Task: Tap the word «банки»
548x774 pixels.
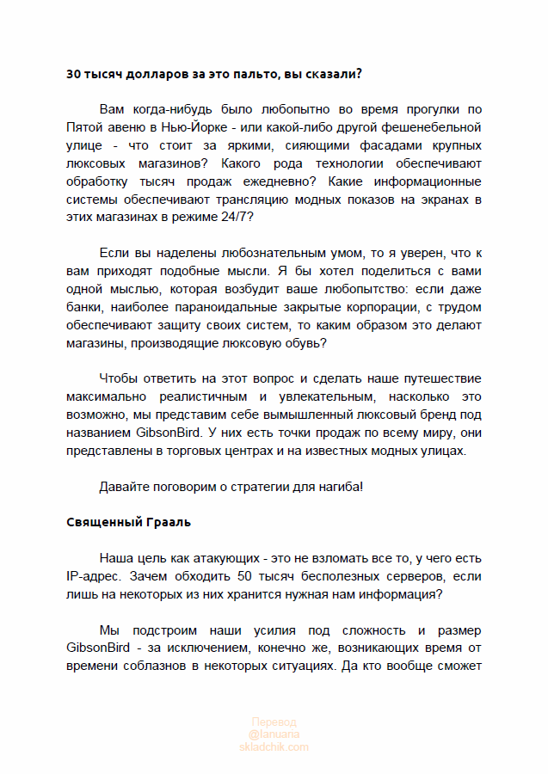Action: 83,306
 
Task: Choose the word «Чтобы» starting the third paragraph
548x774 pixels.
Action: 117,378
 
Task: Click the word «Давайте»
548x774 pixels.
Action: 123,486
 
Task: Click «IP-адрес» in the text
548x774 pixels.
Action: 91,575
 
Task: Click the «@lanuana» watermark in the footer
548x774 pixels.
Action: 274,734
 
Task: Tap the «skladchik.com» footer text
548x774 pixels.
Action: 274,746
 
